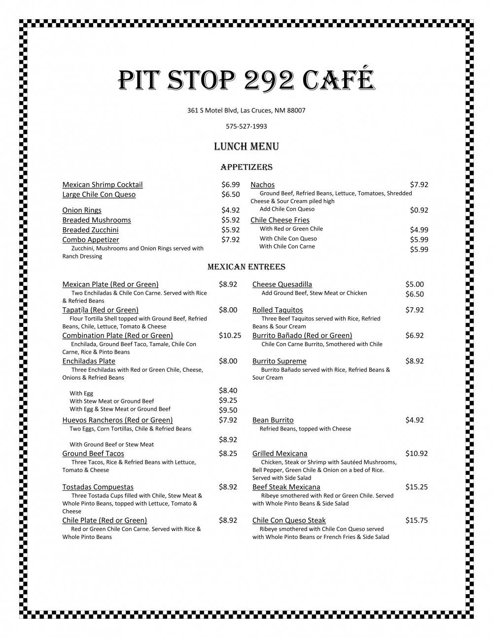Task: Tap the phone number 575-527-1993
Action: pos(246,126)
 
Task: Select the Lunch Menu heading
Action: pos(246,146)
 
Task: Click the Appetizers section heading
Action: pos(246,167)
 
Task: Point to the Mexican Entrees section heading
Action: pos(246,267)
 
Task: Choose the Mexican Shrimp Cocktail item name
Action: pos(102,184)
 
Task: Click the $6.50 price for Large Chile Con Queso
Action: pos(230,194)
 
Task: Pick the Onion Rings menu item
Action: pos(82,210)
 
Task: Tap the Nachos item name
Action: pos(262,184)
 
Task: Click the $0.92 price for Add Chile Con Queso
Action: pos(419,210)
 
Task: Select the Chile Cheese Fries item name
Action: pos(280,220)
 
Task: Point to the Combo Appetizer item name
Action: pos(91,240)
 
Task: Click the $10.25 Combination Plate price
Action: pos(230,335)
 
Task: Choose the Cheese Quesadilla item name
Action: pos(282,284)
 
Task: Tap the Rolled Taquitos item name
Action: pos(278,310)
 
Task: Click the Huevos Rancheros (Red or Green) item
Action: pos(117,420)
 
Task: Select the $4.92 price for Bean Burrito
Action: pos(414,420)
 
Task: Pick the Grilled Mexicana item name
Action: pos(280,454)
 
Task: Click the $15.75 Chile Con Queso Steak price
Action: pos(416,520)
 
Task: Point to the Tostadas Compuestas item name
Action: pos(98,487)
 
